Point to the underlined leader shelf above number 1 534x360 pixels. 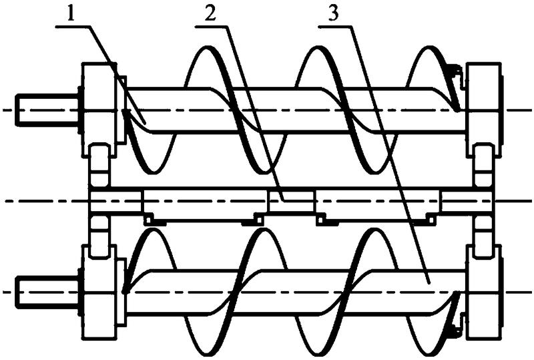(x=73, y=24)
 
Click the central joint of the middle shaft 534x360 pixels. (x=292, y=199)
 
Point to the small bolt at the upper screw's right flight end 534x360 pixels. (x=453, y=68)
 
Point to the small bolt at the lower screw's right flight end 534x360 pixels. (x=453, y=329)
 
